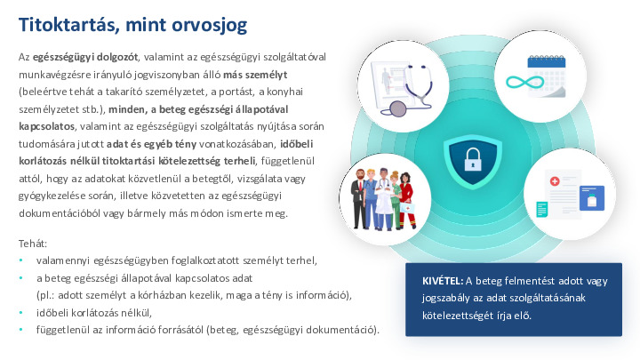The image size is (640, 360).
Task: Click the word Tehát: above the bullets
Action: point(33,243)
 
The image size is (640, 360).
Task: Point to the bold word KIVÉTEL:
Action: point(443,281)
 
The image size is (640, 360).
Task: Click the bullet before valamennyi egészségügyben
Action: point(21,260)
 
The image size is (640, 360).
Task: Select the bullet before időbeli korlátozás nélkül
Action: point(21,312)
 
